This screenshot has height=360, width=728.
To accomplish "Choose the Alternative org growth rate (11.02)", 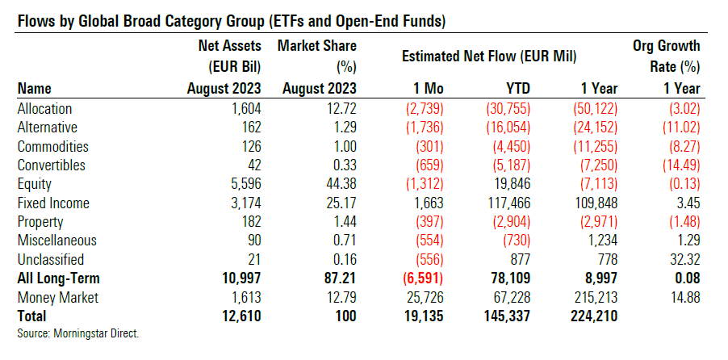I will (x=677, y=128).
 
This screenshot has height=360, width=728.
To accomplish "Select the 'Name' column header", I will (x=34, y=88).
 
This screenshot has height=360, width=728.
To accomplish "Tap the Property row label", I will (x=40, y=222).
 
